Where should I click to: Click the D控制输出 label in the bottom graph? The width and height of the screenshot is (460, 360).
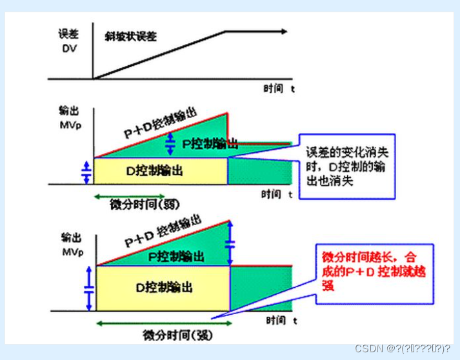click(x=163, y=287)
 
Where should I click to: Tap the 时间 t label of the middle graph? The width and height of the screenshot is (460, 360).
click(x=277, y=194)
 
